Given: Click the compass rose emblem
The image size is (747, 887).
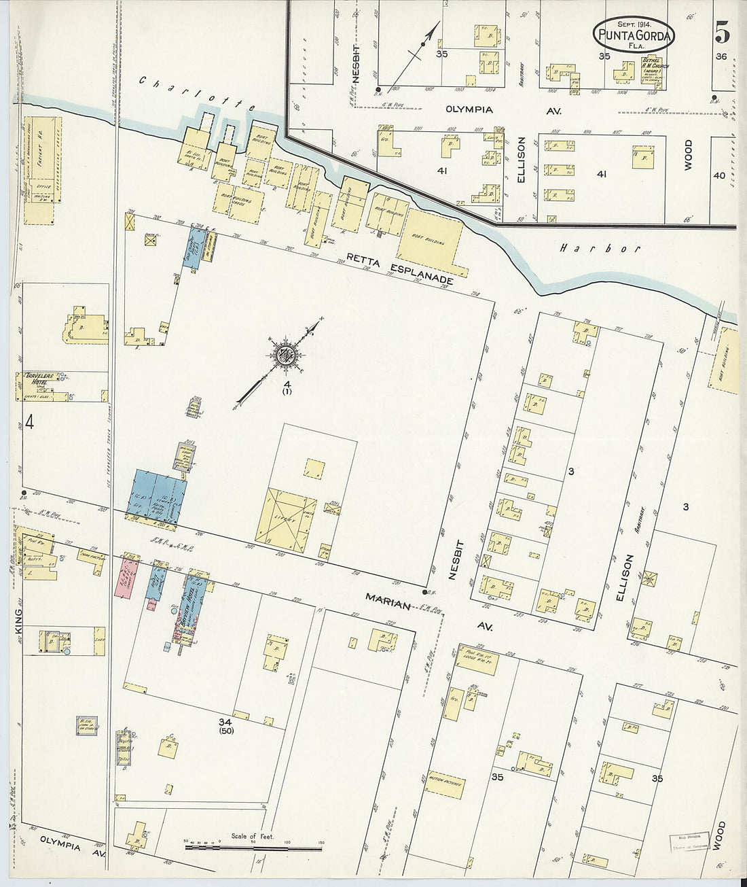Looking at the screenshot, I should (x=285, y=354).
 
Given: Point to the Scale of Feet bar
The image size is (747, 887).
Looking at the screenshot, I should (x=253, y=847).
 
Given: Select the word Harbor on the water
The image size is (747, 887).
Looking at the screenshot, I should (x=600, y=249).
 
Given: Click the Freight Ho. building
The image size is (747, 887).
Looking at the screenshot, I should (x=42, y=170).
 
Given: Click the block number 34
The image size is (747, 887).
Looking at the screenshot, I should (x=226, y=722).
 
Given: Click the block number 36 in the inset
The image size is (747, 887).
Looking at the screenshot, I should (x=721, y=56).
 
